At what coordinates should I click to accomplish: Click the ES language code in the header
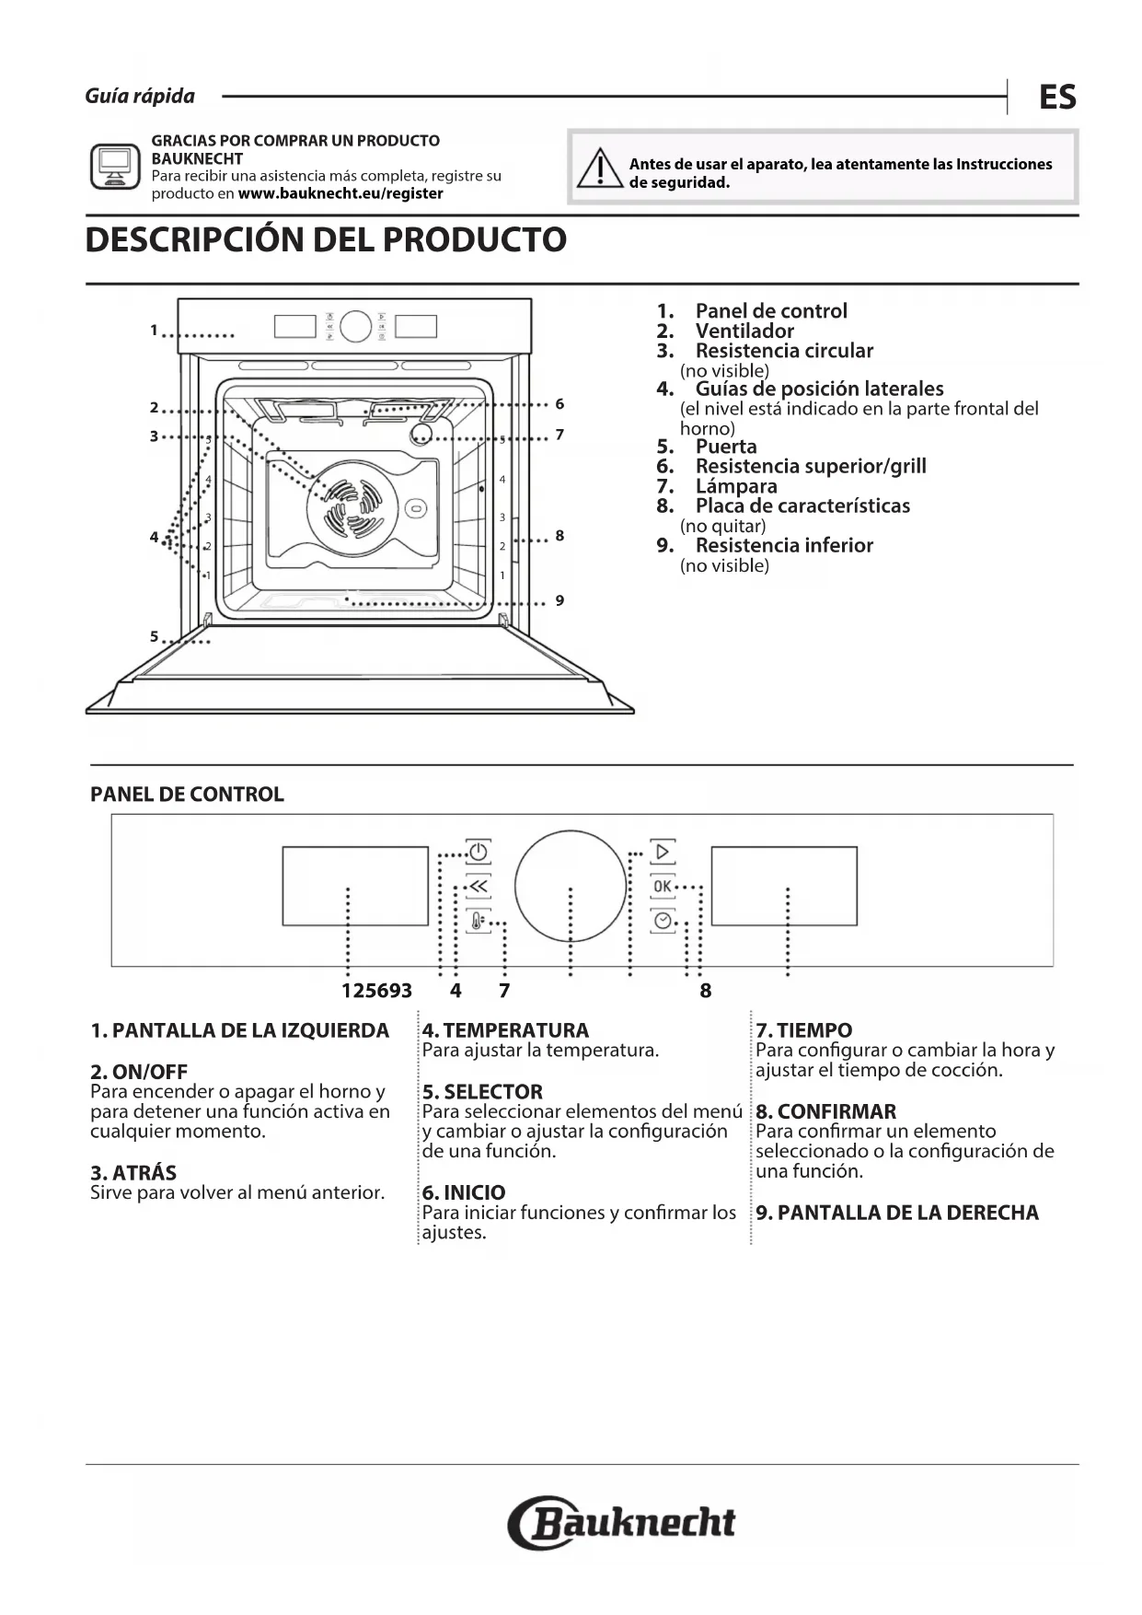click(1057, 97)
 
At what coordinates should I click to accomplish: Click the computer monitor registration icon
click(115, 167)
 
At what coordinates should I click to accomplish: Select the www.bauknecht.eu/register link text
click(340, 193)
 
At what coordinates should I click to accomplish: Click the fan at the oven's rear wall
click(352, 508)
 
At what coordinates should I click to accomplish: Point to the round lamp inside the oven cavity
click(421, 435)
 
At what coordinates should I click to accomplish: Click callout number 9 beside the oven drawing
click(559, 601)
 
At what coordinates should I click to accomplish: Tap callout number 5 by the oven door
click(154, 636)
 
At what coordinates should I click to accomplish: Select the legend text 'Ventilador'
click(744, 331)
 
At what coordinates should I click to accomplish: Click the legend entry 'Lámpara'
click(736, 486)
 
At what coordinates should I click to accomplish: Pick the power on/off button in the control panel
click(478, 852)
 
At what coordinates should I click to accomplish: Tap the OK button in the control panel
click(663, 886)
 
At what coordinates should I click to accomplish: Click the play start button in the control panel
click(663, 852)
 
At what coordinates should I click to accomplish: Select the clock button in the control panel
click(663, 920)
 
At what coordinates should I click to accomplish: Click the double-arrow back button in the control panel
click(478, 886)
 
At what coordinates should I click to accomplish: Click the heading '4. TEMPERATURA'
click(505, 1030)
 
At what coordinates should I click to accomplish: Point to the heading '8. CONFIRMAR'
click(825, 1111)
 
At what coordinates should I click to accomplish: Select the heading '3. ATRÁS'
click(133, 1172)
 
